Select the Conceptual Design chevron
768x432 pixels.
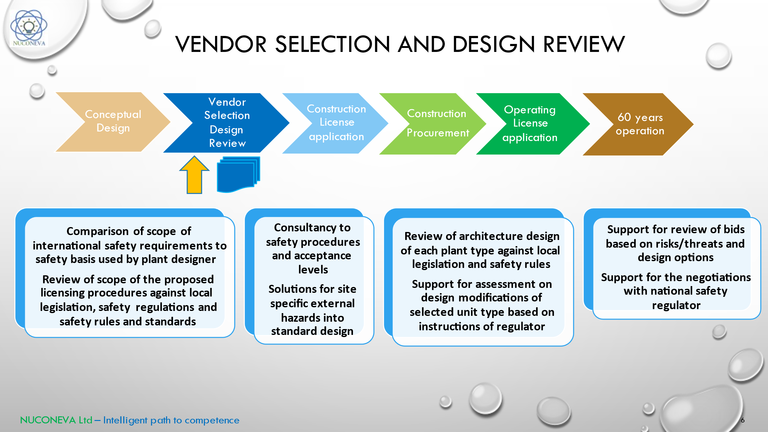point(113,122)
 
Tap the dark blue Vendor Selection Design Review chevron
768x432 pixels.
point(227,123)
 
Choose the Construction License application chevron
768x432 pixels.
point(336,123)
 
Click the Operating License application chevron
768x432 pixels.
point(530,124)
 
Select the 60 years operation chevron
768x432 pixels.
point(640,124)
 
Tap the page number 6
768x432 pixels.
point(743,420)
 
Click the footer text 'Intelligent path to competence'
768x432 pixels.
point(171,420)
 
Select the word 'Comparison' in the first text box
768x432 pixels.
point(97,231)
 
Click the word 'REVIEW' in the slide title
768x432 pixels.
point(584,44)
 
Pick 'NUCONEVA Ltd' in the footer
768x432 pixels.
point(56,420)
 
